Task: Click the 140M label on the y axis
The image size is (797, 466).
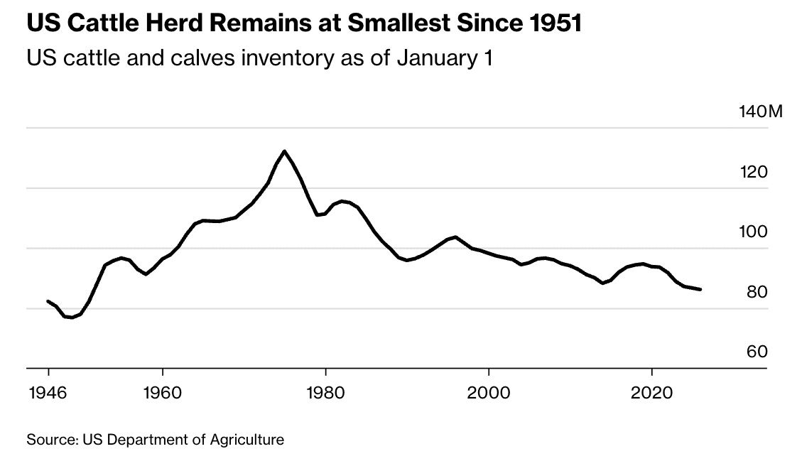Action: pyautogui.click(x=759, y=112)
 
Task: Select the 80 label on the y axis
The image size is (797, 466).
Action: pyautogui.click(x=757, y=292)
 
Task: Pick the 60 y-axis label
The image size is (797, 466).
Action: pyautogui.click(x=757, y=352)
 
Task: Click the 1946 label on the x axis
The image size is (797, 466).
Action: pyautogui.click(x=48, y=393)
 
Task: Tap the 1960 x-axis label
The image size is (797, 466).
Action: pyautogui.click(x=163, y=393)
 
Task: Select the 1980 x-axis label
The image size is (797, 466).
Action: pyautogui.click(x=325, y=393)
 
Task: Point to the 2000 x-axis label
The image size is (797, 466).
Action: pyautogui.click(x=489, y=393)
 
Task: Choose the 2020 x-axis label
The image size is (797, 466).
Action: pyautogui.click(x=651, y=393)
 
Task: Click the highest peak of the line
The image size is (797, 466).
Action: pyautogui.click(x=284, y=151)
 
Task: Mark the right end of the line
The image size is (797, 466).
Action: pyautogui.click(x=701, y=290)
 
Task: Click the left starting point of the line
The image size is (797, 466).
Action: pyautogui.click(x=48, y=301)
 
